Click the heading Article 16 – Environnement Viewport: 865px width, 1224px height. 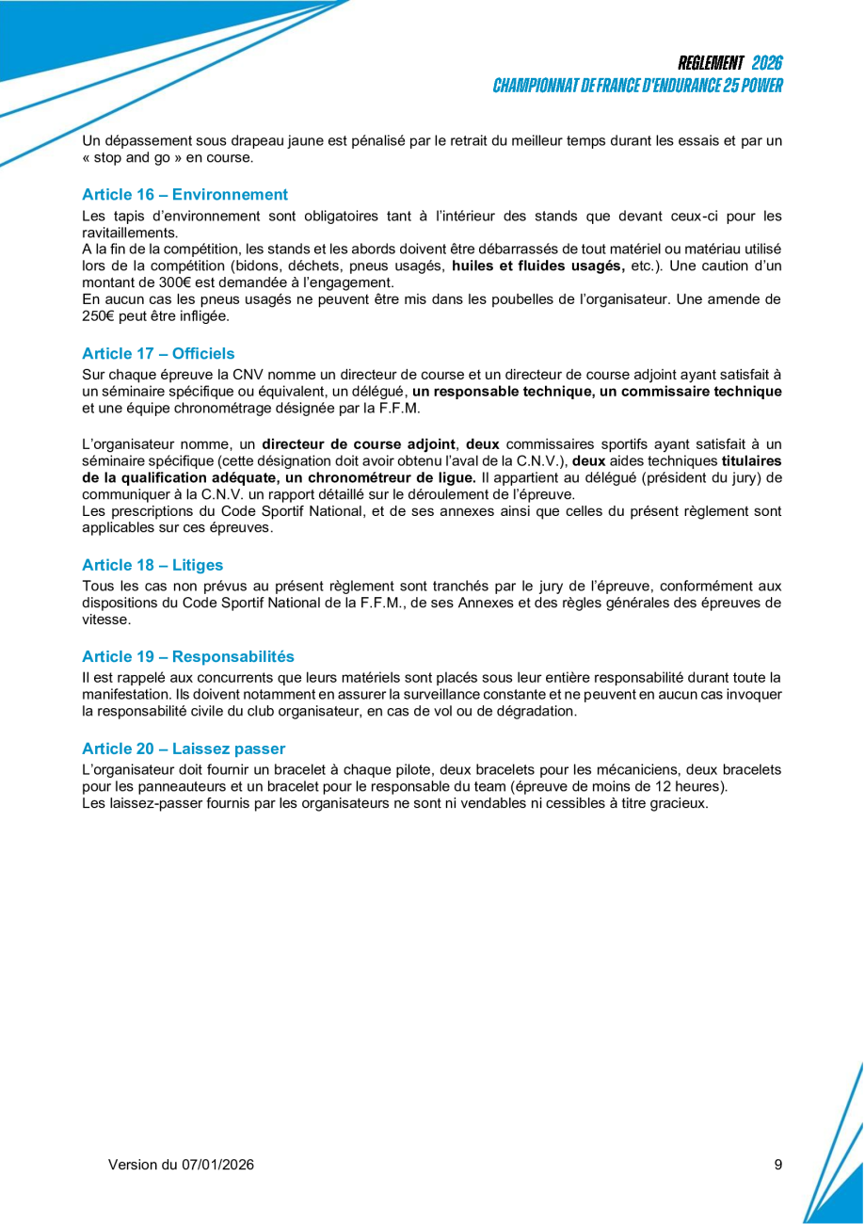pyautogui.click(x=184, y=195)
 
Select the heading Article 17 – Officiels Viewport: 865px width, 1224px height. pyautogui.click(x=158, y=354)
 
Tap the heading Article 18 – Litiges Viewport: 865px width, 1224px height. pyautogui.click(x=152, y=565)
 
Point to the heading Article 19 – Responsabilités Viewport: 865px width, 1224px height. pyautogui.click(x=188, y=656)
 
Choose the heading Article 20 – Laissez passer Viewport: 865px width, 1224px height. pyautogui.click(x=184, y=749)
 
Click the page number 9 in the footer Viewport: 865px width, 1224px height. pyautogui.click(x=778, y=1165)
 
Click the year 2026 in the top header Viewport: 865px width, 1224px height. pyautogui.click(x=767, y=63)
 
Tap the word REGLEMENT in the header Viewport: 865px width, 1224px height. pyautogui.click(x=711, y=63)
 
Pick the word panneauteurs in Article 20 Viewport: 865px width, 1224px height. pyautogui.click(x=161, y=786)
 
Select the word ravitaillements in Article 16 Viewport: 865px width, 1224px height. pyautogui.click(x=130, y=233)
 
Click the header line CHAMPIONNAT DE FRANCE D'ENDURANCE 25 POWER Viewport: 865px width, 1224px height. pyautogui.click(x=638, y=86)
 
